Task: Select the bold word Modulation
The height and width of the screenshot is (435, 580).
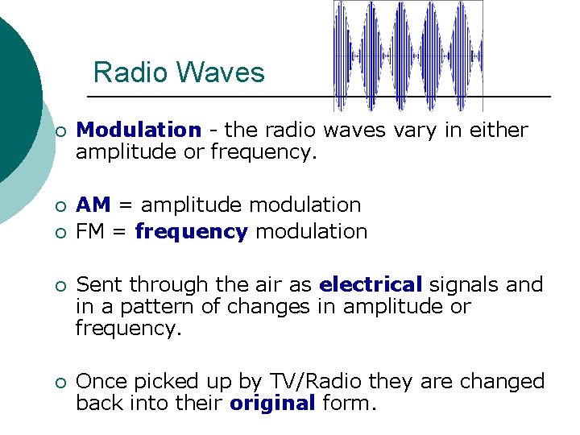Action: tap(139, 130)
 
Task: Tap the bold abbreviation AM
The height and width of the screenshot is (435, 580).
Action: tap(93, 206)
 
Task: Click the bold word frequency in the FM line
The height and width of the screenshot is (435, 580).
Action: tap(191, 233)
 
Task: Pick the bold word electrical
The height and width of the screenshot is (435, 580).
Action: tap(371, 285)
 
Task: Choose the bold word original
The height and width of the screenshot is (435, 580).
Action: tap(271, 404)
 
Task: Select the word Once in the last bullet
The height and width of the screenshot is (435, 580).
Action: tap(102, 382)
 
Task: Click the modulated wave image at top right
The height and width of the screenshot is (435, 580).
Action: tap(408, 55)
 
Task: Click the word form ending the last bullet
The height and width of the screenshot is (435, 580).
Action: tap(347, 404)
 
